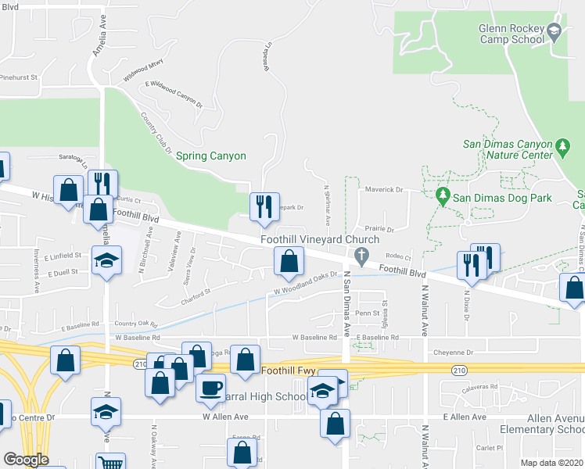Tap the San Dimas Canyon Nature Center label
tap(508, 149)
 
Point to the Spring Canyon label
tap(211, 156)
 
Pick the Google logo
tap(26, 460)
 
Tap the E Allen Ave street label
tap(465, 417)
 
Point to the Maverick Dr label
tap(383, 190)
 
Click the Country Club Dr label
tap(155, 131)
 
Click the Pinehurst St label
tap(18, 77)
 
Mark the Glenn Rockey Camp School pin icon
tap(554, 33)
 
